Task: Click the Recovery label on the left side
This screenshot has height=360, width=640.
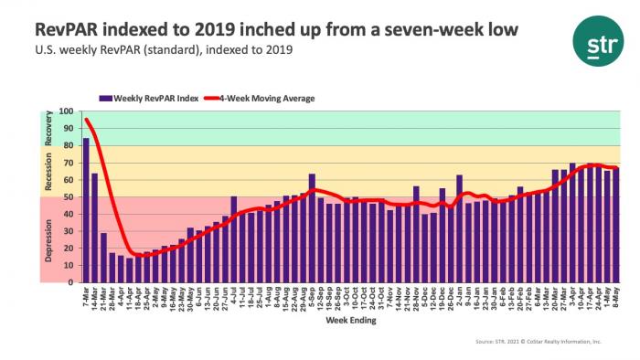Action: [48, 129]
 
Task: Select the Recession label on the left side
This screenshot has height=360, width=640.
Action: [48, 171]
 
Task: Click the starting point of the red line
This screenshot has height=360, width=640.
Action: [86, 120]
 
